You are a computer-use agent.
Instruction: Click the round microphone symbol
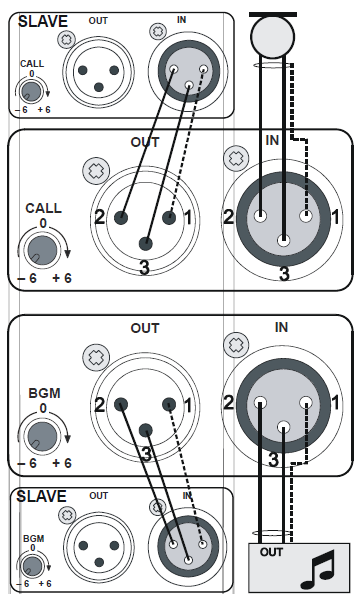(273, 37)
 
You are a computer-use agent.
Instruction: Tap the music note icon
(318, 570)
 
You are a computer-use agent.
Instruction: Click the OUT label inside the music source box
(271, 552)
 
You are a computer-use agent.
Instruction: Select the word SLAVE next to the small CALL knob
(43, 21)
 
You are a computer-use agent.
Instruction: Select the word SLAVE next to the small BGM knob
(42, 496)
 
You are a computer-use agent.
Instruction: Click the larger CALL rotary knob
(42, 250)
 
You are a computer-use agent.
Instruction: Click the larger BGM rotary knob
(42, 436)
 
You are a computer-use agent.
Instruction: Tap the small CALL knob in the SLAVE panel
(32, 91)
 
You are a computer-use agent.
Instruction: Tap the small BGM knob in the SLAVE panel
(32, 566)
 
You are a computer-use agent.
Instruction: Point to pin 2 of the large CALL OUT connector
(121, 218)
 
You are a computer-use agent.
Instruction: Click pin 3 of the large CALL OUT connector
(145, 243)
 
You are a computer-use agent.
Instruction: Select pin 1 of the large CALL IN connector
(306, 215)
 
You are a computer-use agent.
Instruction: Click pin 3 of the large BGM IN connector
(283, 426)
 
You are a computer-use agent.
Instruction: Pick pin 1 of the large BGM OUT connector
(169, 405)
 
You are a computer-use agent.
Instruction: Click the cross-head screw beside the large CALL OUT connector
(96, 171)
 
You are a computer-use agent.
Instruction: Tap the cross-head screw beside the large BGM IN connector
(236, 345)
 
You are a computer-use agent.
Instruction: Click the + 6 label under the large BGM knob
(62, 463)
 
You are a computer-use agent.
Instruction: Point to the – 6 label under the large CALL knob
(28, 278)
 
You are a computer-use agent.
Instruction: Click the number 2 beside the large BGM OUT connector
(100, 405)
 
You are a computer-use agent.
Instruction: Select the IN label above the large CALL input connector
(272, 140)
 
